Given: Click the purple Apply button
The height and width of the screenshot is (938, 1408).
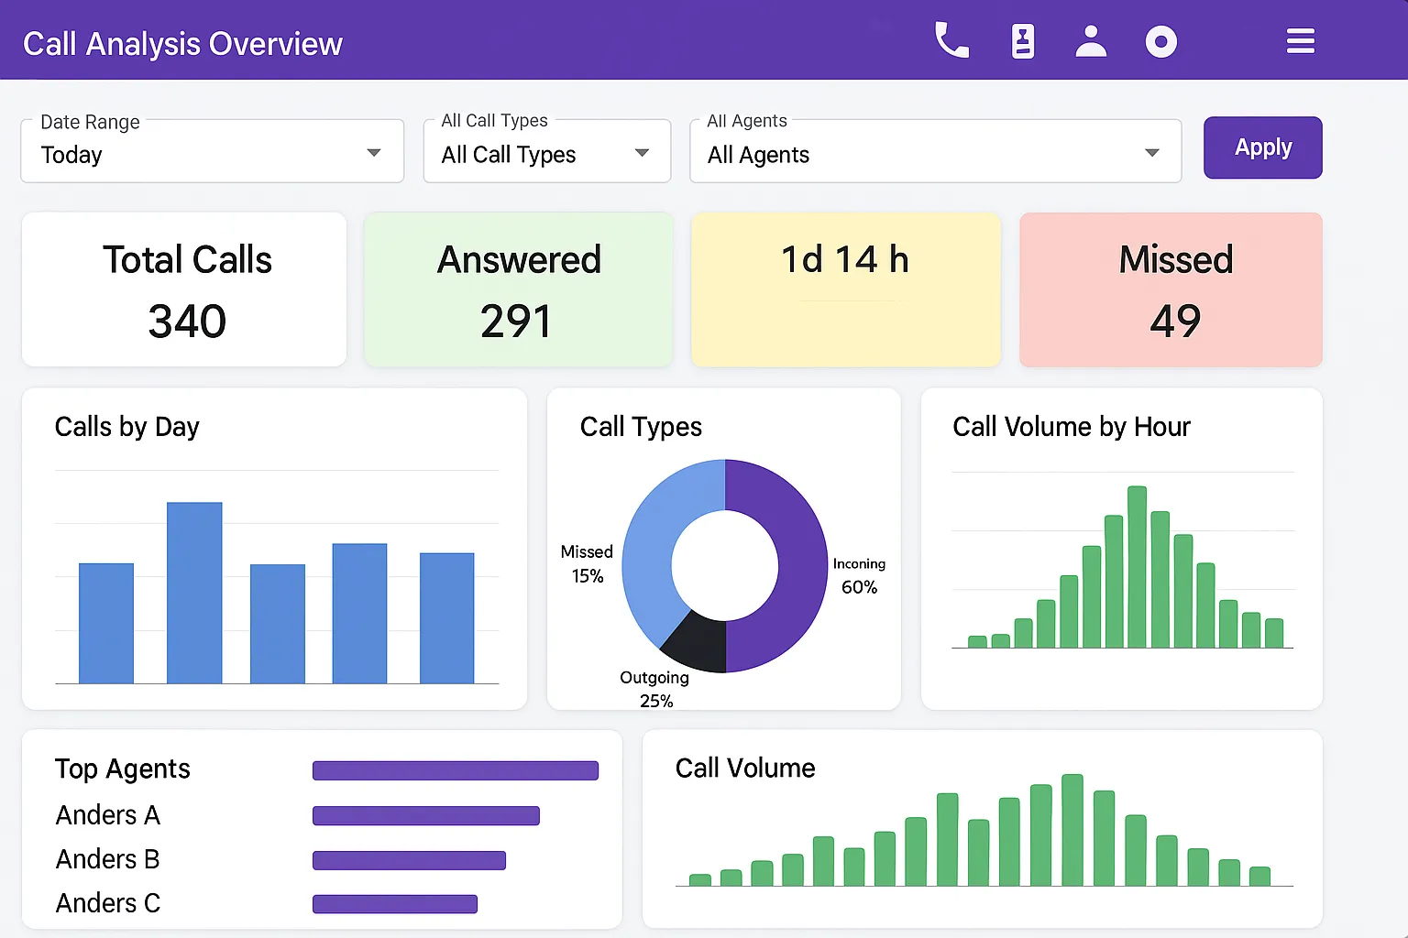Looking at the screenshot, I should pos(1262,147).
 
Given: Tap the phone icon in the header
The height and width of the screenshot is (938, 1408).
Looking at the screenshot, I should pos(951,41).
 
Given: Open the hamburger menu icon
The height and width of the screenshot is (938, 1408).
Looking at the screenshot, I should pos(1300,41).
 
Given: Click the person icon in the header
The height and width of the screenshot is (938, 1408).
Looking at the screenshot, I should pos(1091,41).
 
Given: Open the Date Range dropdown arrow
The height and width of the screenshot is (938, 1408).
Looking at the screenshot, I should pos(373,153).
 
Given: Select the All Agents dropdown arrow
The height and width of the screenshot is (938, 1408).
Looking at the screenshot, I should pos(1152,153).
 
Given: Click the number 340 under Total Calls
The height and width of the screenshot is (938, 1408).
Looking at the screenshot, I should pos(187,322).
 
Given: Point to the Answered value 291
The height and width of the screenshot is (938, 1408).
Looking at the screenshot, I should pos(516,322).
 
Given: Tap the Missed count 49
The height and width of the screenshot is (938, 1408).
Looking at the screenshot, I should pos(1175,322).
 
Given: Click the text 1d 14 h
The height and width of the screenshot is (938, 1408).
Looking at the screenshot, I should pos(844,260).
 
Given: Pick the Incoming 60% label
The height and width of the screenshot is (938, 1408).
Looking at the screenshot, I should pos(859,575).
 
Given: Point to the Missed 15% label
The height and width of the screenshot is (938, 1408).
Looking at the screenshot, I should pos(587,563).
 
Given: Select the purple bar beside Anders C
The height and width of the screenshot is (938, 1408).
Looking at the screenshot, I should pos(395,904).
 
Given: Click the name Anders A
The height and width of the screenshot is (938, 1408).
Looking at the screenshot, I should pos(108,814).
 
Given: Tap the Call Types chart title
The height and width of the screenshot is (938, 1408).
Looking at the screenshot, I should pos(641,427).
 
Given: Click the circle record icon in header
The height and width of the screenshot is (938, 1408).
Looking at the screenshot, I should pos(1160,41).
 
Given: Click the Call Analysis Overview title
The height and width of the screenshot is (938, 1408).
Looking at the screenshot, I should pos(182,44).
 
